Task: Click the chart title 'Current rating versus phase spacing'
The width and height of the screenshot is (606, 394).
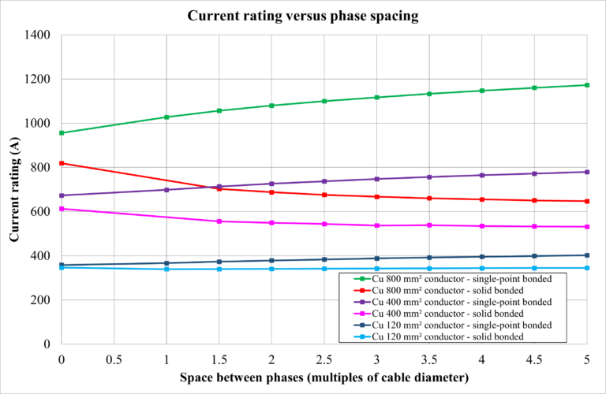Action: point(303,15)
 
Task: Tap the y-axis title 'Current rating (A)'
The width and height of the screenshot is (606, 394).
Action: point(14,189)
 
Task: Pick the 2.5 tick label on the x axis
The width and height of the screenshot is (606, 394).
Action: point(324,359)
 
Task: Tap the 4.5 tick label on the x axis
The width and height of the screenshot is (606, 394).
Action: point(534,359)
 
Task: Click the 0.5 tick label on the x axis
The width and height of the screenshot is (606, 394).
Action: point(114,359)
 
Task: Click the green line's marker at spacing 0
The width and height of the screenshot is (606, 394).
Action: point(62,133)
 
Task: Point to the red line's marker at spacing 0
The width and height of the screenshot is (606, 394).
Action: point(62,163)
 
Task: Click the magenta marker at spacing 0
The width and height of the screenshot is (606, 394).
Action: point(62,209)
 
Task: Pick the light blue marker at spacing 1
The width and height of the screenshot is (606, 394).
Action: point(166,269)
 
